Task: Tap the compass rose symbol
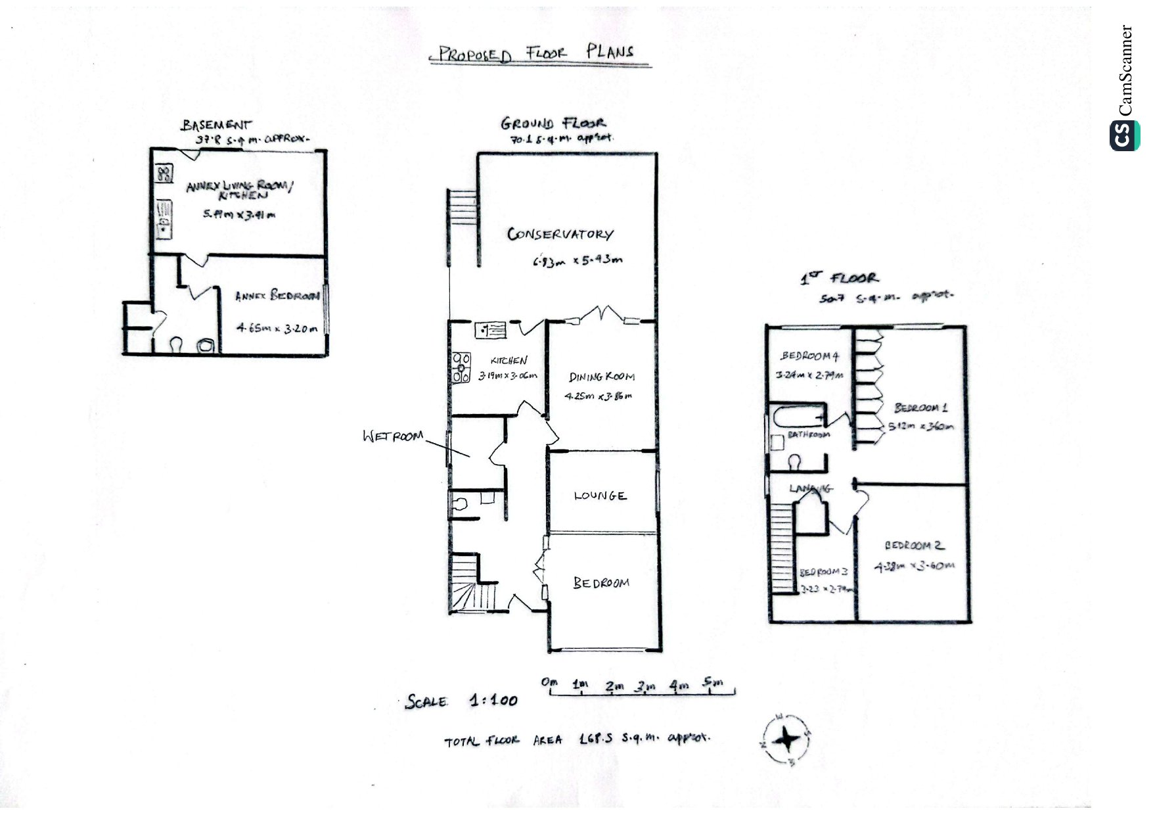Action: click(786, 740)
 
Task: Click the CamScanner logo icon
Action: click(1124, 136)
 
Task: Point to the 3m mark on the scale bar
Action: click(644, 686)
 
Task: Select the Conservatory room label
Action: click(560, 234)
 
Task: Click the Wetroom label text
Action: click(393, 436)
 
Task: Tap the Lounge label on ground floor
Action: click(600, 496)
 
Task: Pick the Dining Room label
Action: click(601, 377)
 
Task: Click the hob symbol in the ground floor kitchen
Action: click(461, 367)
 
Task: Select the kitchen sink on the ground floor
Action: click(490, 328)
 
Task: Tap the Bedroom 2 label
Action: click(913, 545)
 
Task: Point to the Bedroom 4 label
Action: click(809, 356)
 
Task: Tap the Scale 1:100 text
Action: click(461, 701)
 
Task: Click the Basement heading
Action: click(217, 124)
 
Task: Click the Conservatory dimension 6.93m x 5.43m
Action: click(577, 261)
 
